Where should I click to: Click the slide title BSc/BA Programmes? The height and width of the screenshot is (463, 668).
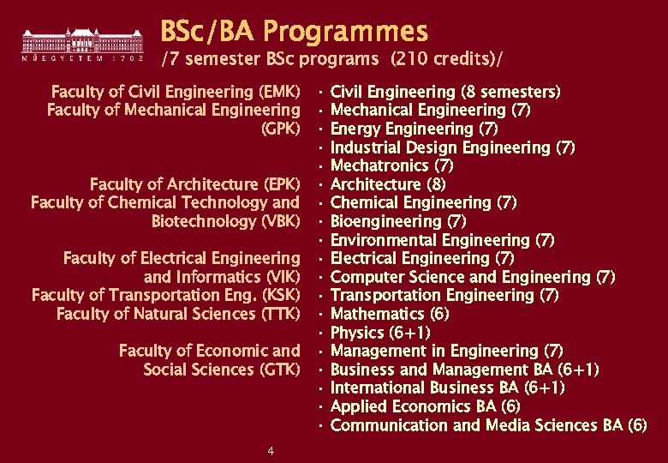click(294, 32)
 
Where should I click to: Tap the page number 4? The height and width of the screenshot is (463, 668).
click(271, 451)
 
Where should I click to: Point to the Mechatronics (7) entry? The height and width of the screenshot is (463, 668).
click(391, 165)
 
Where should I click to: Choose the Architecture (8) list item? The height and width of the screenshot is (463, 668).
click(387, 184)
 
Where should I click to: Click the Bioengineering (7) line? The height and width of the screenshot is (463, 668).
click(397, 221)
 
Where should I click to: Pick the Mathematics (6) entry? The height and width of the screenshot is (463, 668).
click(389, 314)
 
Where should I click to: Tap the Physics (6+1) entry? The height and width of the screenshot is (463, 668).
click(379, 333)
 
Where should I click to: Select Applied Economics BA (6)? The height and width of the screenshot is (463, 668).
click(425, 406)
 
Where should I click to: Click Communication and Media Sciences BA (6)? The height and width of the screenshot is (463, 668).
click(488, 425)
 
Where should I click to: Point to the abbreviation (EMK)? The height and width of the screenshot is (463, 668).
click(279, 92)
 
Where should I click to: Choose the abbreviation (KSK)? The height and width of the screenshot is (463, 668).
click(281, 295)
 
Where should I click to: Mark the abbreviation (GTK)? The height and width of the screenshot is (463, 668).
click(280, 370)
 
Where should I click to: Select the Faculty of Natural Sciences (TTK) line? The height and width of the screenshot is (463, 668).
click(178, 314)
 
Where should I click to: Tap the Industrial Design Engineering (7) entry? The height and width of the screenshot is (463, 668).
click(451, 147)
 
